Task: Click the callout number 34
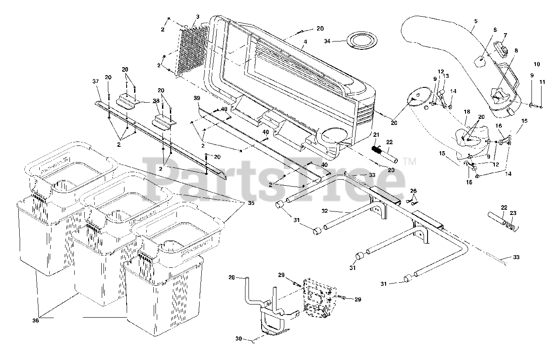click(x=328, y=41)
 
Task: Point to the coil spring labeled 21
click(x=376, y=150)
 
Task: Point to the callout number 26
click(x=414, y=190)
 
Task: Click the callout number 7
click(x=505, y=35)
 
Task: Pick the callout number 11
click(x=542, y=82)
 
